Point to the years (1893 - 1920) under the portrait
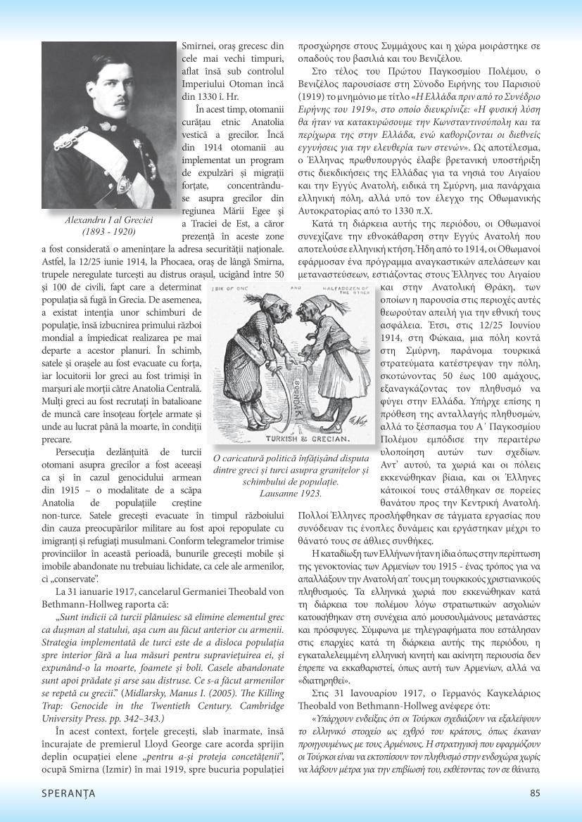(109, 231)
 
